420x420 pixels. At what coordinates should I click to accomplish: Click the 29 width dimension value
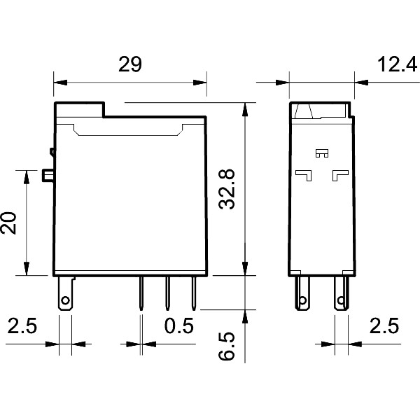pos(129,64)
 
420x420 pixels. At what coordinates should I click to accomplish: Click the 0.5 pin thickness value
pos(178,326)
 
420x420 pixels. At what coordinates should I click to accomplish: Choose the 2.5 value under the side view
pos(383,326)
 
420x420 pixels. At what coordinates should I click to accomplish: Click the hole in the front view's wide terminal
pos(65,303)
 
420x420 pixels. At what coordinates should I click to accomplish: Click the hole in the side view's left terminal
pos(303,302)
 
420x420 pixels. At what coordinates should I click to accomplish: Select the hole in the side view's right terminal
pos(341,302)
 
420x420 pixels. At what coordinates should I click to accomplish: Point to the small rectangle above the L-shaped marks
pos(322,153)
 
